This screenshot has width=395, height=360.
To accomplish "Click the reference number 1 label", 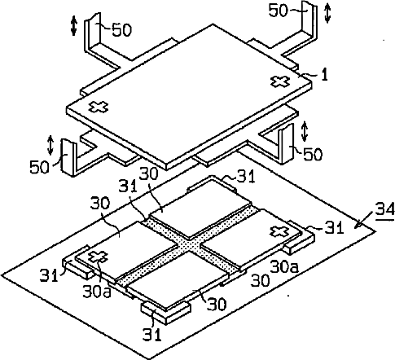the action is coord(324,74).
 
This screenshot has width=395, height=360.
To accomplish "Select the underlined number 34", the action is coord(385,210).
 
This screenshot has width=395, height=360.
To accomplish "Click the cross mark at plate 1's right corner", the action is coord(279,81).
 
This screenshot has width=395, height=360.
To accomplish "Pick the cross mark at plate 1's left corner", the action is coord(99,107).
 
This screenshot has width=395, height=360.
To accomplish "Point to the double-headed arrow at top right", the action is coord(327,13).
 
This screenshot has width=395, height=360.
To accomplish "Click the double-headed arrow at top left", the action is coord(73,25).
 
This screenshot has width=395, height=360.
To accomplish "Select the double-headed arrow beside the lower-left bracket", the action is coord(50,145).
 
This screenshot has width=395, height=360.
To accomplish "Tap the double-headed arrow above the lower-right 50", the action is coord(305,131).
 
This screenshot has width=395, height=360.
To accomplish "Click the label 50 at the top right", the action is coord(278,11).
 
